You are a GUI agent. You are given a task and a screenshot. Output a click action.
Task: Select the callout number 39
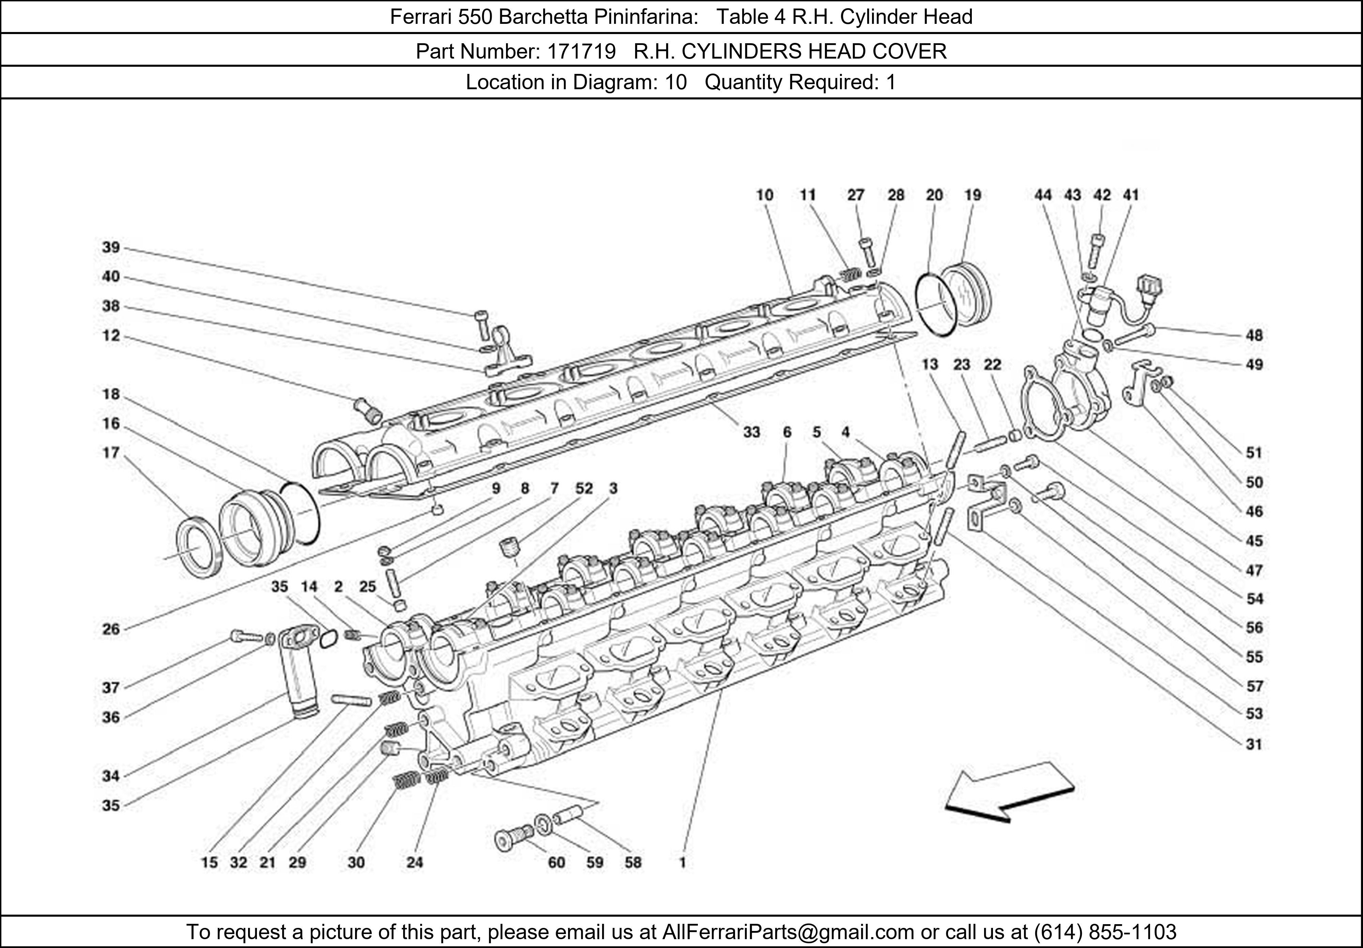(x=111, y=247)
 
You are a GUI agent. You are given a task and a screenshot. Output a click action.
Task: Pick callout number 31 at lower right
(x=1254, y=744)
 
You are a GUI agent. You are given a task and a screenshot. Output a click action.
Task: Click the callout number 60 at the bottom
(x=556, y=862)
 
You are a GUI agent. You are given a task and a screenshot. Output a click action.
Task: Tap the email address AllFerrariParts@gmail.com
(x=788, y=932)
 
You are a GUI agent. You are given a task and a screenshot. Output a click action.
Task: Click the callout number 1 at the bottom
(x=683, y=862)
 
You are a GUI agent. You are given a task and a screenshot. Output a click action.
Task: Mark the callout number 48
(x=1254, y=335)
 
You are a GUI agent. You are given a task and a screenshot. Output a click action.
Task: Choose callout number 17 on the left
(x=111, y=453)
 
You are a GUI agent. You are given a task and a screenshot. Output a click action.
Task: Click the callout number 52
(x=584, y=488)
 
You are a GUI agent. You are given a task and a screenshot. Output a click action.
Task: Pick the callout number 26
(x=111, y=629)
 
